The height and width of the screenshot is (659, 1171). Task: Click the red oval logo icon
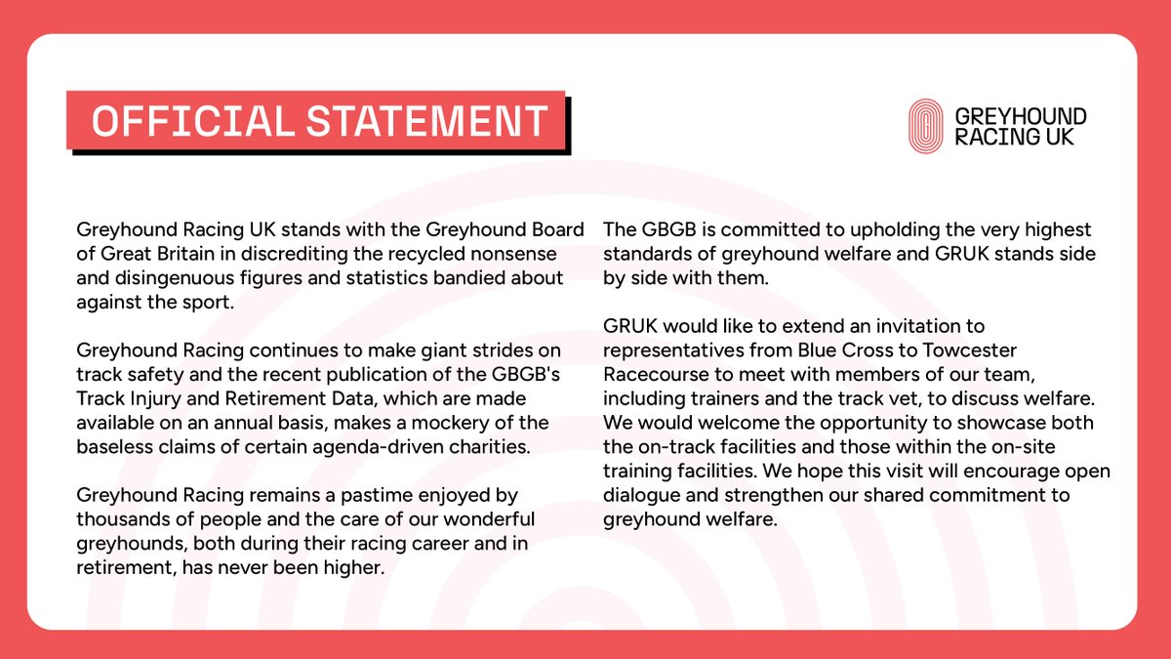click(924, 126)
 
